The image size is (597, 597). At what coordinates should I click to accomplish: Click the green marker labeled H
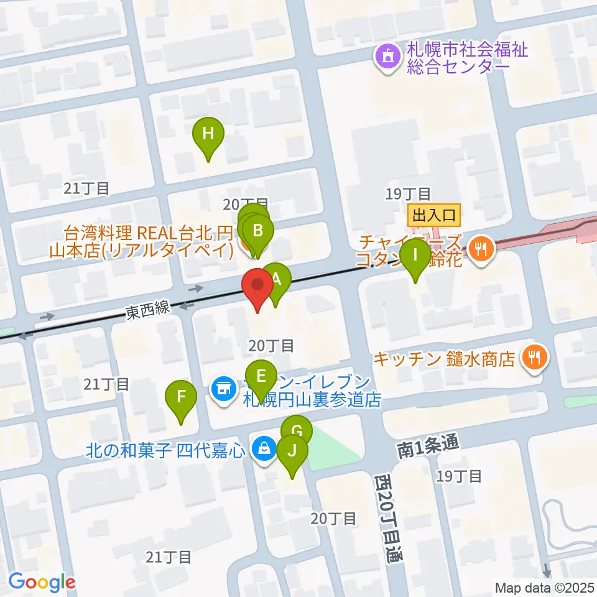click(x=208, y=134)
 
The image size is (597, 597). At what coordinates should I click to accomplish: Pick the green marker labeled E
click(x=261, y=376)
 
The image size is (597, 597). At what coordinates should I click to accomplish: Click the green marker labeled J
click(x=292, y=451)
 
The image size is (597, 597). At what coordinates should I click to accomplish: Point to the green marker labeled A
click(x=277, y=280)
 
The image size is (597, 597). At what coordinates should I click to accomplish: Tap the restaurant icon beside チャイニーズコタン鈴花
click(x=480, y=249)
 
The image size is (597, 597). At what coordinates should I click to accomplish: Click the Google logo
click(x=42, y=582)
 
